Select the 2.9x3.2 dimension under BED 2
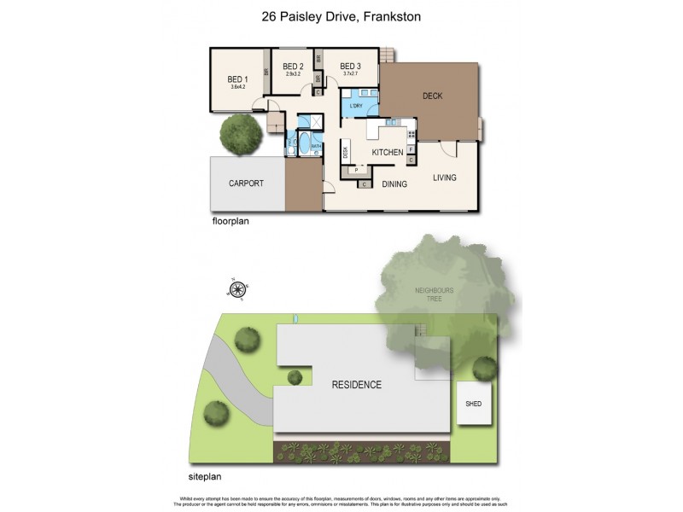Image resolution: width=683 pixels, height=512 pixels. click(x=293, y=75)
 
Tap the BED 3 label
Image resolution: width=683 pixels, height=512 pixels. click(x=350, y=67)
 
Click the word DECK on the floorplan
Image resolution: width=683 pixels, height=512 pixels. click(x=433, y=96)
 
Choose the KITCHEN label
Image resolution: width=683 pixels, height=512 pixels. click(x=387, y=152)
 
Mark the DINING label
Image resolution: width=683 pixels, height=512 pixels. click(x=394, y=183)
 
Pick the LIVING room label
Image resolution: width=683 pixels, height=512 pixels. click(x=445, y=177)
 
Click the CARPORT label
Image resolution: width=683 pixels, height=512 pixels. click(x=246, y=183)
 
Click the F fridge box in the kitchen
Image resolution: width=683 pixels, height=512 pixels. click(x=411, y=149)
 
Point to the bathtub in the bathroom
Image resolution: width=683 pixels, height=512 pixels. click(x=303, y=142)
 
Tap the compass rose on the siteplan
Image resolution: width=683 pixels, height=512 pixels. click(x=236, y=288)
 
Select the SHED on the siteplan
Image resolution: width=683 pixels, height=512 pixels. click(x=472, y=404)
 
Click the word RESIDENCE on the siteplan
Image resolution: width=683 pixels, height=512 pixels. click(x=356, y=385)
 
